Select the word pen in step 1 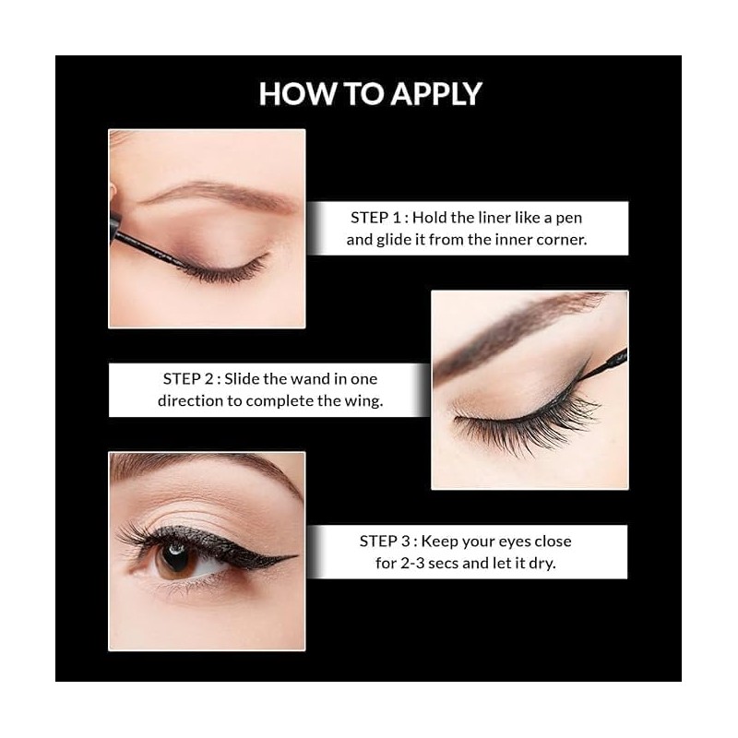(x=569, y=219)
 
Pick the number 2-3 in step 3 (x=412, y=564)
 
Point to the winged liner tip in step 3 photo (x=294, y=557)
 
